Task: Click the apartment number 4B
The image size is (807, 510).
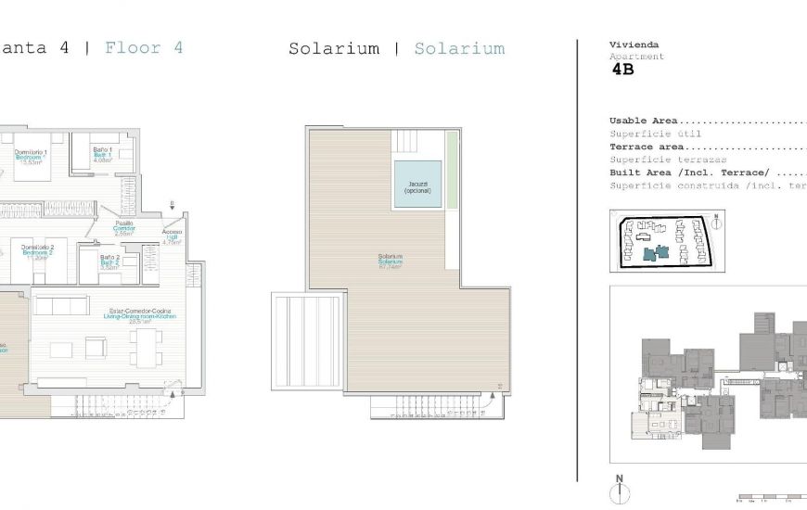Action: (622, 70)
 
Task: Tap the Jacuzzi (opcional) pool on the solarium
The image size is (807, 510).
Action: (416, 185)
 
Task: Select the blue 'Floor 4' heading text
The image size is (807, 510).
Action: (144, 48)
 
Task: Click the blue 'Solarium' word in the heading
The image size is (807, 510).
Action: (459, 49)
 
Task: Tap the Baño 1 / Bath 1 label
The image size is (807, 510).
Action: (102, 154)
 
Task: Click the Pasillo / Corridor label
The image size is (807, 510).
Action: (123, 228)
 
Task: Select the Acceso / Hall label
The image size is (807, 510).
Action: (172, 238)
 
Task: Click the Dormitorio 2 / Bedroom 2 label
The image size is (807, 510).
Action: (38, 251)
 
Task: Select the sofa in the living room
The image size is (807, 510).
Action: (61, 350)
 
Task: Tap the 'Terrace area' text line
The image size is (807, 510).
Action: (648, 147)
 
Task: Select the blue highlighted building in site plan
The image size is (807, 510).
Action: (661, 251)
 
